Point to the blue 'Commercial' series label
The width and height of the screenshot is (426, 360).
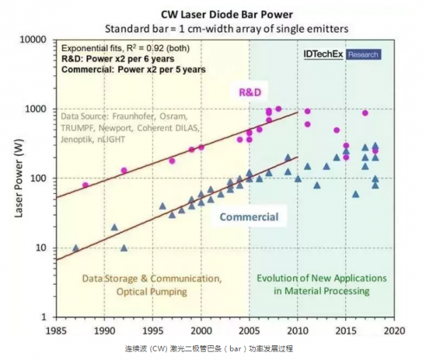point(248,217)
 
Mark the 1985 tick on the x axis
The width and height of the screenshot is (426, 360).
point(56,330)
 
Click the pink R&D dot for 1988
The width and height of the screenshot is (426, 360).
point(85,185)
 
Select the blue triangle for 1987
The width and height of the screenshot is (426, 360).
point(76,248)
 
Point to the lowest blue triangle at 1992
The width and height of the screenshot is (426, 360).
point(124,248)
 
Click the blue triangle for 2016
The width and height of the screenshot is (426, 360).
point(356,194)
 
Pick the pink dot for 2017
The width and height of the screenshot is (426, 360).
point(366,113)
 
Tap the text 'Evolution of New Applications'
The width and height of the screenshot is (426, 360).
point(322,278)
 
